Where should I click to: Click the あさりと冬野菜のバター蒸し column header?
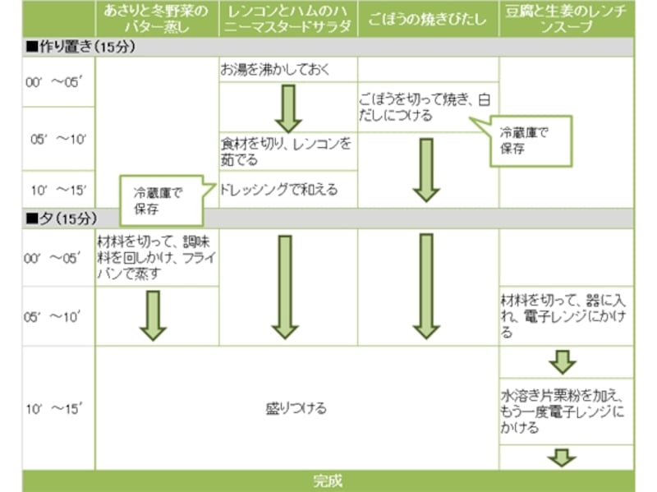[157, 18]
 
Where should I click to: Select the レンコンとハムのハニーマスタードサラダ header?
[288, 18]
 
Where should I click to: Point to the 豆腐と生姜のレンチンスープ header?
[566, 18]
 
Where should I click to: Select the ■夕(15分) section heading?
[62, 218]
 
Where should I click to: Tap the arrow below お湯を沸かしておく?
[288, 108]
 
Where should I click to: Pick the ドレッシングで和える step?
[279, 190]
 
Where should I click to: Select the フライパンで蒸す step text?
[156, 257]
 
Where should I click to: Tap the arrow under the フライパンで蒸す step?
[153, 315]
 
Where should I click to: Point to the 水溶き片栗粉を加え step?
[563, 410]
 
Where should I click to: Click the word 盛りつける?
[296, 408]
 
